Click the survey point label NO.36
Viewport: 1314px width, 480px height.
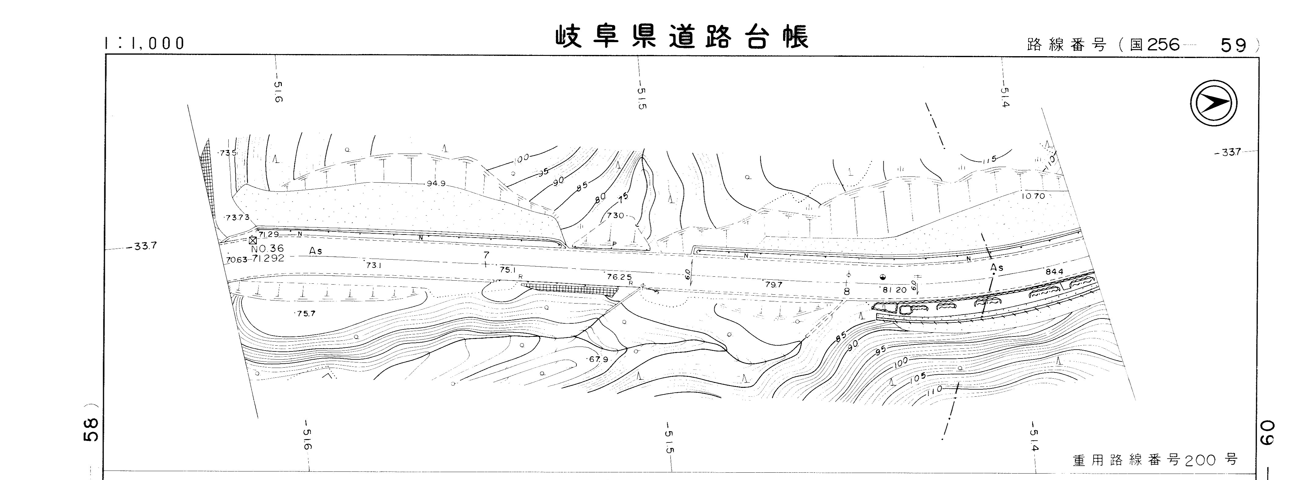pos(267,249)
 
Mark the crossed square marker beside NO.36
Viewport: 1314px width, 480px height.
pos(252,240)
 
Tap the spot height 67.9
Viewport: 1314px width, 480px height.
pos(599,359)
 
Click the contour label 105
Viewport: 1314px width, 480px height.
pos(917,378)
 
